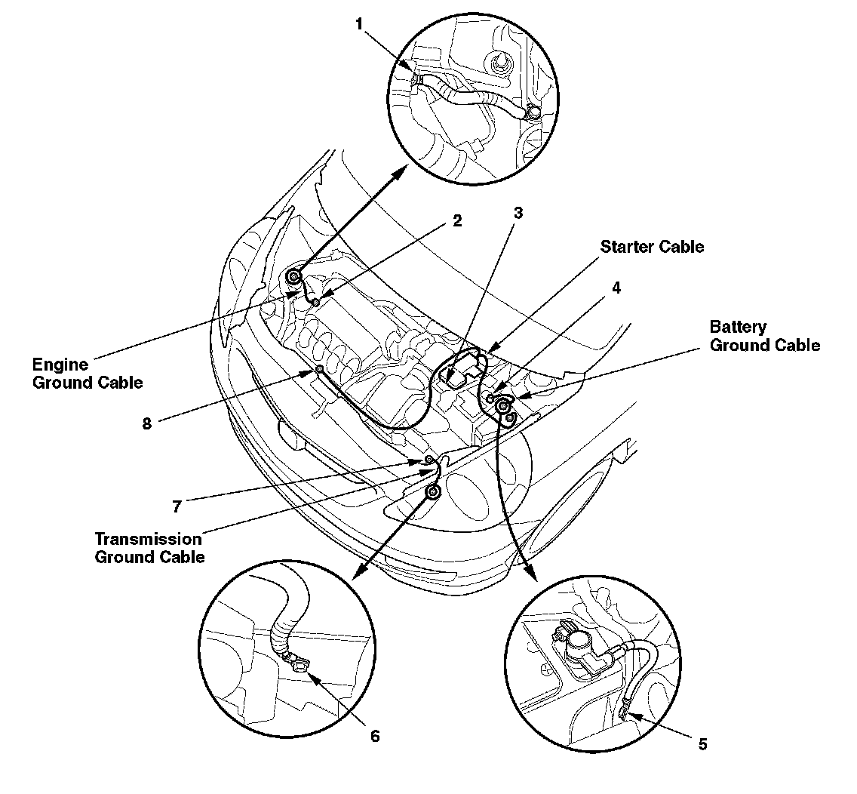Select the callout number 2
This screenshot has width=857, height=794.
click(x=456, y=221)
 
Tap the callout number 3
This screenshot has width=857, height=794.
click(x=518, y=214)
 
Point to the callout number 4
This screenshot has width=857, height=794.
click(x=616, y=288)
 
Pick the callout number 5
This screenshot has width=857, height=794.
click(x=702, y=743)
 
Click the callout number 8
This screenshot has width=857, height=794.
click(x=147, y=423)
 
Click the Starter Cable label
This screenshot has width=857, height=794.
click(x=652, y=247)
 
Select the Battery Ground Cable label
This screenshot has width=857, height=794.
click(x=764, y=336)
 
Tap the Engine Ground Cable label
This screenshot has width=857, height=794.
click(x=87, y=374)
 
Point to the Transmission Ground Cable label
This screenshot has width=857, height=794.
click(x=149, y=548)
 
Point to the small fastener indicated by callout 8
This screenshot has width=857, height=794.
click(x=320, y=368)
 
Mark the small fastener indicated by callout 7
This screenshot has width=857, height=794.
click(x=428, y=460)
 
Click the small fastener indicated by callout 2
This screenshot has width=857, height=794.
click(x=315, y=302)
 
